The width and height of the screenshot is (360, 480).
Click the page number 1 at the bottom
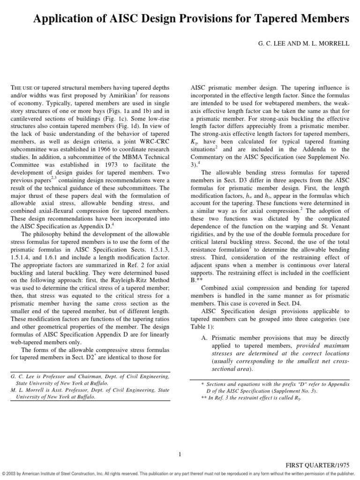180,453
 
